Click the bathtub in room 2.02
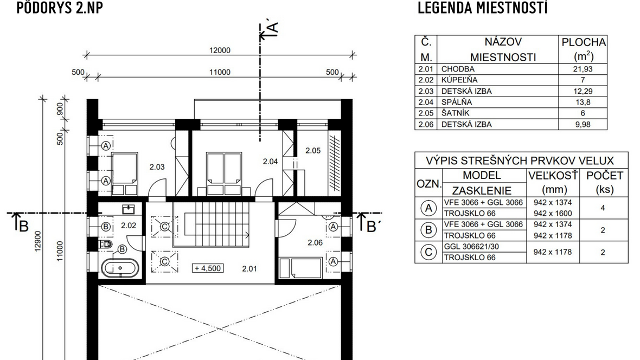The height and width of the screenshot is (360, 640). pyautogui.click(x=120, y=268)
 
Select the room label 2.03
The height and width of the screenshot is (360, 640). pyautogui.click(x=157, y=166)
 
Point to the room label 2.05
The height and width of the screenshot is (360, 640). pyautogui.click(x=313, y=151)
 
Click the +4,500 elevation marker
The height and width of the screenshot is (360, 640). pyautogui.click(x=208, y=268)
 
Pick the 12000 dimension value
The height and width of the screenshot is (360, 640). pyautogui.click(x=220, y=50)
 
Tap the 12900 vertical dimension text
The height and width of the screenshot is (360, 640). pyautogui.click(x=37, y=241)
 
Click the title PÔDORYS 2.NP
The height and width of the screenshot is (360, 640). pyautogui.click(x=60, y=8)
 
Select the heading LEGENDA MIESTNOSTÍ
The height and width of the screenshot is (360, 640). pyautogui.click(x=482, y=8)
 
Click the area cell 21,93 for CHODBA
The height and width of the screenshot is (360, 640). pyautogui.click(x=583, y=69)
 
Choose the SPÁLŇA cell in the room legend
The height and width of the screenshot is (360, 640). pyautogui.click(x=456, y=102)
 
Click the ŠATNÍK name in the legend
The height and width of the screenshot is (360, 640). pyautogui.click(x=455, y=113)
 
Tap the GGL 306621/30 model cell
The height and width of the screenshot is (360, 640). pyautogui.click(x=471, y=247)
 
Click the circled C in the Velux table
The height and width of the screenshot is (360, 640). pyautogui.click(x=428, y=252)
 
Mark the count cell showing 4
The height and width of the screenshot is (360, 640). pyautogui.click(x=603, y=208)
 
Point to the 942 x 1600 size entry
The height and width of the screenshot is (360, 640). pyautogui.click(x=553, y=214)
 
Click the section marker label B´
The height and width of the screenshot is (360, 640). pyautogui.click(x=371, y=226)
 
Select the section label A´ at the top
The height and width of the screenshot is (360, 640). pyautogui.click(x=272, y=28)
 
